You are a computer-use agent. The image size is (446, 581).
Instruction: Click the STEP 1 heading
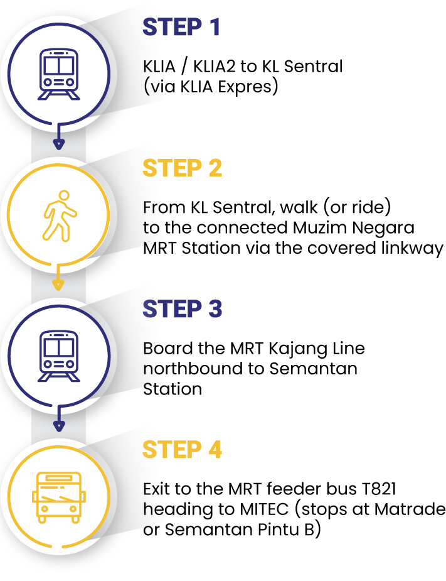click(x=181, y=27)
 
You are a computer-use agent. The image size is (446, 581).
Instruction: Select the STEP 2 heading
click(x=182, y=168)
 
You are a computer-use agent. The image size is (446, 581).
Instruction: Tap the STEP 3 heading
click(x=182, y=309)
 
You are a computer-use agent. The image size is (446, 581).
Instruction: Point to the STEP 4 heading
click(x=182, y=450)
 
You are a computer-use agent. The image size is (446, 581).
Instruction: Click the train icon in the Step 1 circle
click(x=58, y=74)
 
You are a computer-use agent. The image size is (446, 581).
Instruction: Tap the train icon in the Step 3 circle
click(x=58, y=356)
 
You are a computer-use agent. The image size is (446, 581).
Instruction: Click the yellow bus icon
click(x=58, y=497)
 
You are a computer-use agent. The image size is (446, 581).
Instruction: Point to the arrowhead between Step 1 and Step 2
click(x=58, y=144)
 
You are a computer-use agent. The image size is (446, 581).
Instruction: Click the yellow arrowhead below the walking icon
click(x=58, y=285)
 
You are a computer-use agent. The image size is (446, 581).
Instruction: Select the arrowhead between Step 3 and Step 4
click(x=58, y=426)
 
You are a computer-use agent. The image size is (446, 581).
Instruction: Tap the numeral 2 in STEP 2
click(x=215, y=168)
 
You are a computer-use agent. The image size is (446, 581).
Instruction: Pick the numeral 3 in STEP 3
click(x=215, y=309)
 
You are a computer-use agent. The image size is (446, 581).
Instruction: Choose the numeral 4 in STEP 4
click(x=215, y=450)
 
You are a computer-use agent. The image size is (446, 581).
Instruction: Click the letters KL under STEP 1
click(x=151, y=67)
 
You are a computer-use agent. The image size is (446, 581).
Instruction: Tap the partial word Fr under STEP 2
click(x=153, y=207)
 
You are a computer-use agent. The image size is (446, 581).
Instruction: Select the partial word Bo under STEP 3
click(x=153, y=348)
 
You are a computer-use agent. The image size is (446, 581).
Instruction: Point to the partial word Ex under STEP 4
click(x=153, y=489)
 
